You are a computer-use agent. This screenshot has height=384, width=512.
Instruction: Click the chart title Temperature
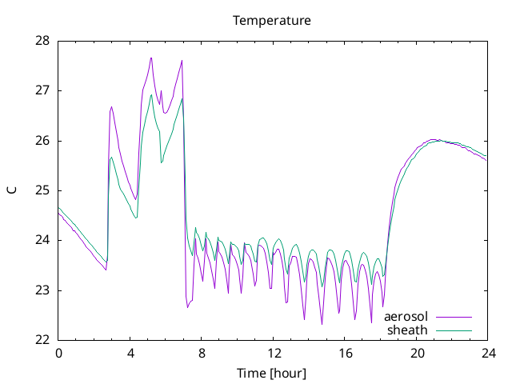tap(272, 21)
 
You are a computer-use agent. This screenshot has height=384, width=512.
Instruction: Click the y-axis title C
tap(12, 190)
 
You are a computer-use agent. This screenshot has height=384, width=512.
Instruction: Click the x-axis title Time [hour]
tap(272, 374)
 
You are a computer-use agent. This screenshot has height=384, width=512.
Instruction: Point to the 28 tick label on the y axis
tap(42, 41)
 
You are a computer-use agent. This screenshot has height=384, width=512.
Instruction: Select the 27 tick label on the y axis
tap(42, 90)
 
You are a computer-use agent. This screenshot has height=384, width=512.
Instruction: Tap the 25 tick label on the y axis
tap(42, 190)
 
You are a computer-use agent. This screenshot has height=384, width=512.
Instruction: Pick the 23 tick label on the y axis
tap(42, 290)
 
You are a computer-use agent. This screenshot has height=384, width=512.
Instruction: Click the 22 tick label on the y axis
tap(42, 340)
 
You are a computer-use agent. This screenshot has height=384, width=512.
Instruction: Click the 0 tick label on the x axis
tap(58, 354)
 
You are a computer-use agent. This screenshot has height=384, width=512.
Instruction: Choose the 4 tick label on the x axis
tap(130, 354)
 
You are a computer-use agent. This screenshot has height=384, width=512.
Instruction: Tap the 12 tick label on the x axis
tap(274, 354)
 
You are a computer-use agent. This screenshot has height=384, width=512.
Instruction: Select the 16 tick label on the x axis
tap(345, 354)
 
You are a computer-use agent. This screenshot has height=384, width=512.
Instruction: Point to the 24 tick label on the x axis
tap(488, 354)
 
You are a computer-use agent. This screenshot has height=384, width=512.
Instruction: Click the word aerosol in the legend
tap(406, 317)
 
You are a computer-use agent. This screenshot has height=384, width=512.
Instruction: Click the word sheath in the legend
tap(407, 330)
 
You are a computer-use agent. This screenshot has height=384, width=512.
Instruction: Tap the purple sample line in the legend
tap(454, 317)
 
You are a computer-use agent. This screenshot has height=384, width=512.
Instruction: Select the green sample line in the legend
tap(454, 330)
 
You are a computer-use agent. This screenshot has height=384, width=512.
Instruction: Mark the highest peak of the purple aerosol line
tap(151, 58)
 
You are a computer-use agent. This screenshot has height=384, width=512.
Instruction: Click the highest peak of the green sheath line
tap(151, 94)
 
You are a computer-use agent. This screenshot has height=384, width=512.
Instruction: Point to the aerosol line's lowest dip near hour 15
tap(322, 324)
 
